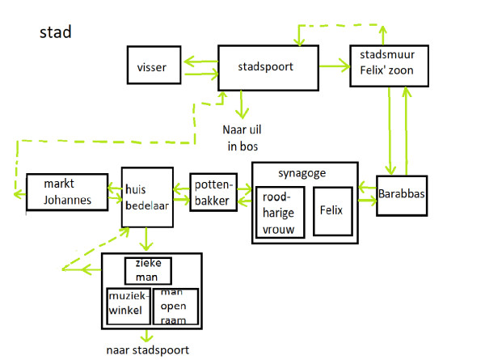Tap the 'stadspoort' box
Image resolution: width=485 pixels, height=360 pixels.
click(x=266, y=67)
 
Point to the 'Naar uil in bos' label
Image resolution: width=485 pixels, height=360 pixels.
click(x=242, y=137)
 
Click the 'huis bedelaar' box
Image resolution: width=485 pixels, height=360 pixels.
click(x=146, y=197)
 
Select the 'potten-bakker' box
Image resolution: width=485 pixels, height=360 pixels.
click(x=214, y=192)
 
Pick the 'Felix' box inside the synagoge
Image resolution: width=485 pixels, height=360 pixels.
click(x=331, y=211)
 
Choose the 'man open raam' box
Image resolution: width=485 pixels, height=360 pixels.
click(x=175, y=305)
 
